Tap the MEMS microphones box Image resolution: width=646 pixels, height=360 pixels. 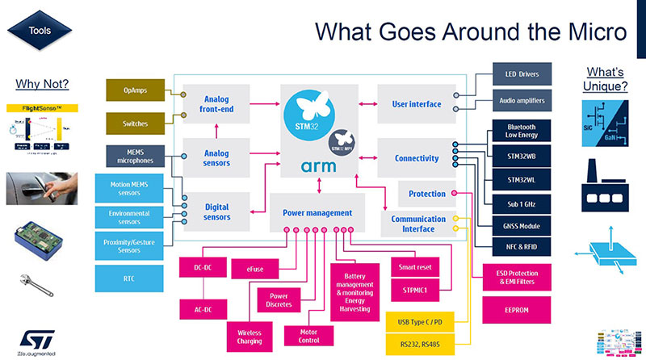tap(135, 156)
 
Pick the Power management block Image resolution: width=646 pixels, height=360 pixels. tap(317, 212)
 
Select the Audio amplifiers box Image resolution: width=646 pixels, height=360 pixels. tap(522, 102)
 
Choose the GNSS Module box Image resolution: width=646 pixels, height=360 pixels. tap(522, 226)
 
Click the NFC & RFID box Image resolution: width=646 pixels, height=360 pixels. tap(522, 246)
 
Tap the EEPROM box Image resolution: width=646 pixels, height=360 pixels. tap(516, 308)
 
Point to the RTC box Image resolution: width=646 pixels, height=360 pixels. tap(130, 278)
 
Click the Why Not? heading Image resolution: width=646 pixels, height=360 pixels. tap(42, 85)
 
